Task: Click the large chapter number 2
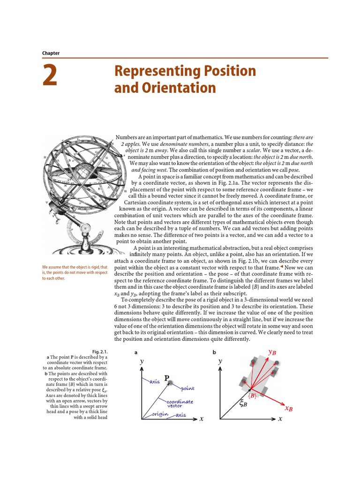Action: click(50, 77)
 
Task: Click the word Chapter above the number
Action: click(51, 53)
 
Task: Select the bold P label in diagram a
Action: click(166, 378)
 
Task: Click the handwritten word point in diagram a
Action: click(184, 389)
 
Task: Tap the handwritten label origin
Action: click(159, 414)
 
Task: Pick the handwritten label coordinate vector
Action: click(180, 404)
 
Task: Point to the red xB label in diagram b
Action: click(288, 408)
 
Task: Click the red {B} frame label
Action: click(253, 396)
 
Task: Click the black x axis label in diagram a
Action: click(201, 419)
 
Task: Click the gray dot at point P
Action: click(172, 383)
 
